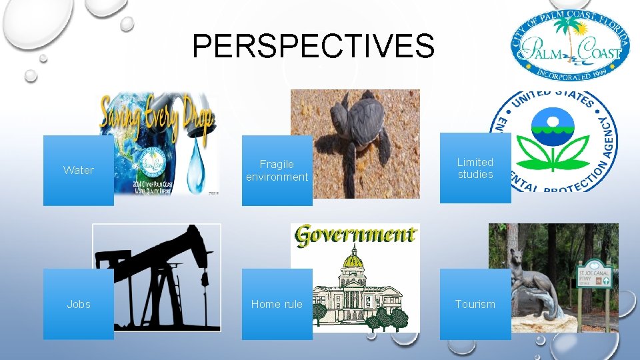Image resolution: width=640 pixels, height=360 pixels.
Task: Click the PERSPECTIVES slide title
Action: point(313,47)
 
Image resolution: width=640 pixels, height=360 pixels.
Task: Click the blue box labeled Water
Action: point(79,170)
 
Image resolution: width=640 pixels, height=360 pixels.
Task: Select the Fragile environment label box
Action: point(277,170)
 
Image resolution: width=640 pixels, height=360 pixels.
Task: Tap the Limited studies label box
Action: point(475,168)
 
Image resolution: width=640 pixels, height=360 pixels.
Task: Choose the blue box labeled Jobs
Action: point(79,304)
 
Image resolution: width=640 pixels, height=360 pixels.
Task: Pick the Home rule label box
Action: point(277,304)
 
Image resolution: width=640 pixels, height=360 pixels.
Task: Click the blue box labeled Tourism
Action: point(475,304)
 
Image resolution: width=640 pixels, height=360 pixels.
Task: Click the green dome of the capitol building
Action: point(355,259)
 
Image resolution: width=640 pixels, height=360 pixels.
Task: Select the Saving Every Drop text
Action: point(157,117)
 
